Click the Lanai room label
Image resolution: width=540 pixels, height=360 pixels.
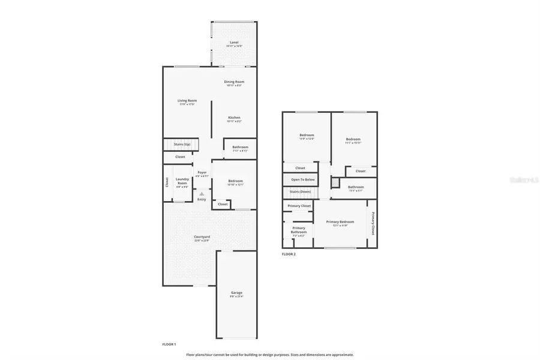[234, 43]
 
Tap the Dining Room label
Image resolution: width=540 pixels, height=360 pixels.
[235, 82]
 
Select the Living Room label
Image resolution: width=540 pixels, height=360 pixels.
[187, 101]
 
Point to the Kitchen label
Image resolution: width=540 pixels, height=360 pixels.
[234, 118]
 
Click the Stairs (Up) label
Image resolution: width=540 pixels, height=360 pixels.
[182, 144]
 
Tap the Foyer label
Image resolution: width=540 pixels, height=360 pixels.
[202, 173]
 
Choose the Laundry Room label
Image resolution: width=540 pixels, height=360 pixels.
[182, 181]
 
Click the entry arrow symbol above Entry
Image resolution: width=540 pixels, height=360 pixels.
[202, 194]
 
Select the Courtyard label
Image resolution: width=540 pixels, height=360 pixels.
[202, 237]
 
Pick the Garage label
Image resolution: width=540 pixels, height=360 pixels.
[236, 293]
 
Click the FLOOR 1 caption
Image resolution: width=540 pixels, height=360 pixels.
[169, 344]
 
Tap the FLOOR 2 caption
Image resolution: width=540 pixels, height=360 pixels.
[289, 254]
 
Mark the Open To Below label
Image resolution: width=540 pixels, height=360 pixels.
[303, 179]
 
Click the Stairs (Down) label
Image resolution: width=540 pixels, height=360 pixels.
[300, 192]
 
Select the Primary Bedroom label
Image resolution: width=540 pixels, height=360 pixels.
[340, 221]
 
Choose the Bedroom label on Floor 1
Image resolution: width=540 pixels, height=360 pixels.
[235, 181]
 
